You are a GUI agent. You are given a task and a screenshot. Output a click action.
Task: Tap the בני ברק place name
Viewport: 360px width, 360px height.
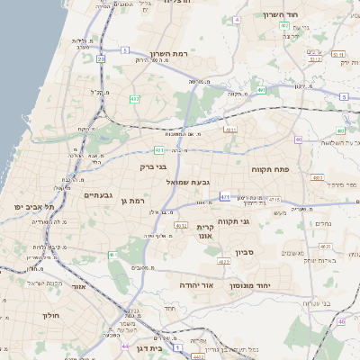click(155, 166)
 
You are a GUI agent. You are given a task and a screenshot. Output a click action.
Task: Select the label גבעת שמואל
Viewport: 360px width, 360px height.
click(188, 183)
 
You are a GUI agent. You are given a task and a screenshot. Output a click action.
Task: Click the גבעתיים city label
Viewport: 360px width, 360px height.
click(98, 194)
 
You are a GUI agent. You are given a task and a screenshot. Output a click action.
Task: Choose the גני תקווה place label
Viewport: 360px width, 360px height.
click(258, 220)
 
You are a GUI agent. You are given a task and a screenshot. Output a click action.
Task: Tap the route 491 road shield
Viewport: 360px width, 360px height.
click(261, 90)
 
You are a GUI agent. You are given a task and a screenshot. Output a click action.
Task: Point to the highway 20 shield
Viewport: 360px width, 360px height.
click(101, 59)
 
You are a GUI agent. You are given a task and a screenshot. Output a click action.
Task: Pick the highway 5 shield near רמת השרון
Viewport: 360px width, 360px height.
click(344, 96)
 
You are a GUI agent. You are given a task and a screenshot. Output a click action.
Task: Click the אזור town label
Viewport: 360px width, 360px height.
click(78, 287)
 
